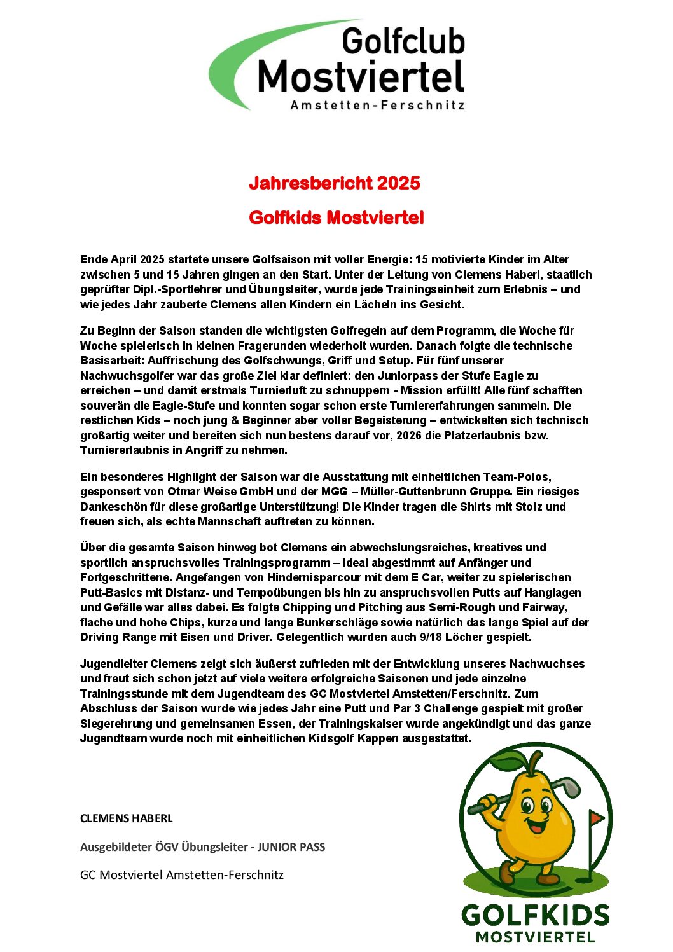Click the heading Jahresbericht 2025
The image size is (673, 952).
tap(335, 183)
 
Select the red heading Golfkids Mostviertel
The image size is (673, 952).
tap(336, 217)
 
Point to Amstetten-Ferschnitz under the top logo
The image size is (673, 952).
tap(377, 106)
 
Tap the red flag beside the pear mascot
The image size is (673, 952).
tap(595, 817)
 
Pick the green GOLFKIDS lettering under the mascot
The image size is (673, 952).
tap(535, 916)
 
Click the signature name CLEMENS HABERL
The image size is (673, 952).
tap(126, 818)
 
